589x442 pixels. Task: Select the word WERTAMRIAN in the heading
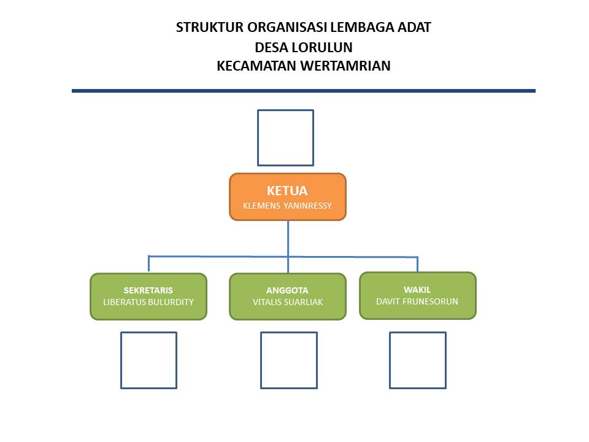[345, 66]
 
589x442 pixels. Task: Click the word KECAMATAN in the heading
[257, 66]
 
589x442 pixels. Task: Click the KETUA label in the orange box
[287, 191]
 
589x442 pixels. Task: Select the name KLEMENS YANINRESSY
[287, 206]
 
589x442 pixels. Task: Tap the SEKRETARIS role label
[148, 290]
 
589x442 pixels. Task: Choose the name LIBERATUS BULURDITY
[148, 302]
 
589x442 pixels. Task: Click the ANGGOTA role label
[287, 290]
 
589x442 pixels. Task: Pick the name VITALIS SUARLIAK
[288, 302]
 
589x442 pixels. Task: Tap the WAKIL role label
[417, 290]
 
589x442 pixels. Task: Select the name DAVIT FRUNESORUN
[417, 301]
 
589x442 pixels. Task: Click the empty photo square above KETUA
[258, 138]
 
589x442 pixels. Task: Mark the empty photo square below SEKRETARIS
[121, 360]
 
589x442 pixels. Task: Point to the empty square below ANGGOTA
[261, 360]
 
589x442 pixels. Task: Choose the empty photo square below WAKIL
[390, 360]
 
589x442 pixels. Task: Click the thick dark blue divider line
[304, 91]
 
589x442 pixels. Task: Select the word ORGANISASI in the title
[287, 28]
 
